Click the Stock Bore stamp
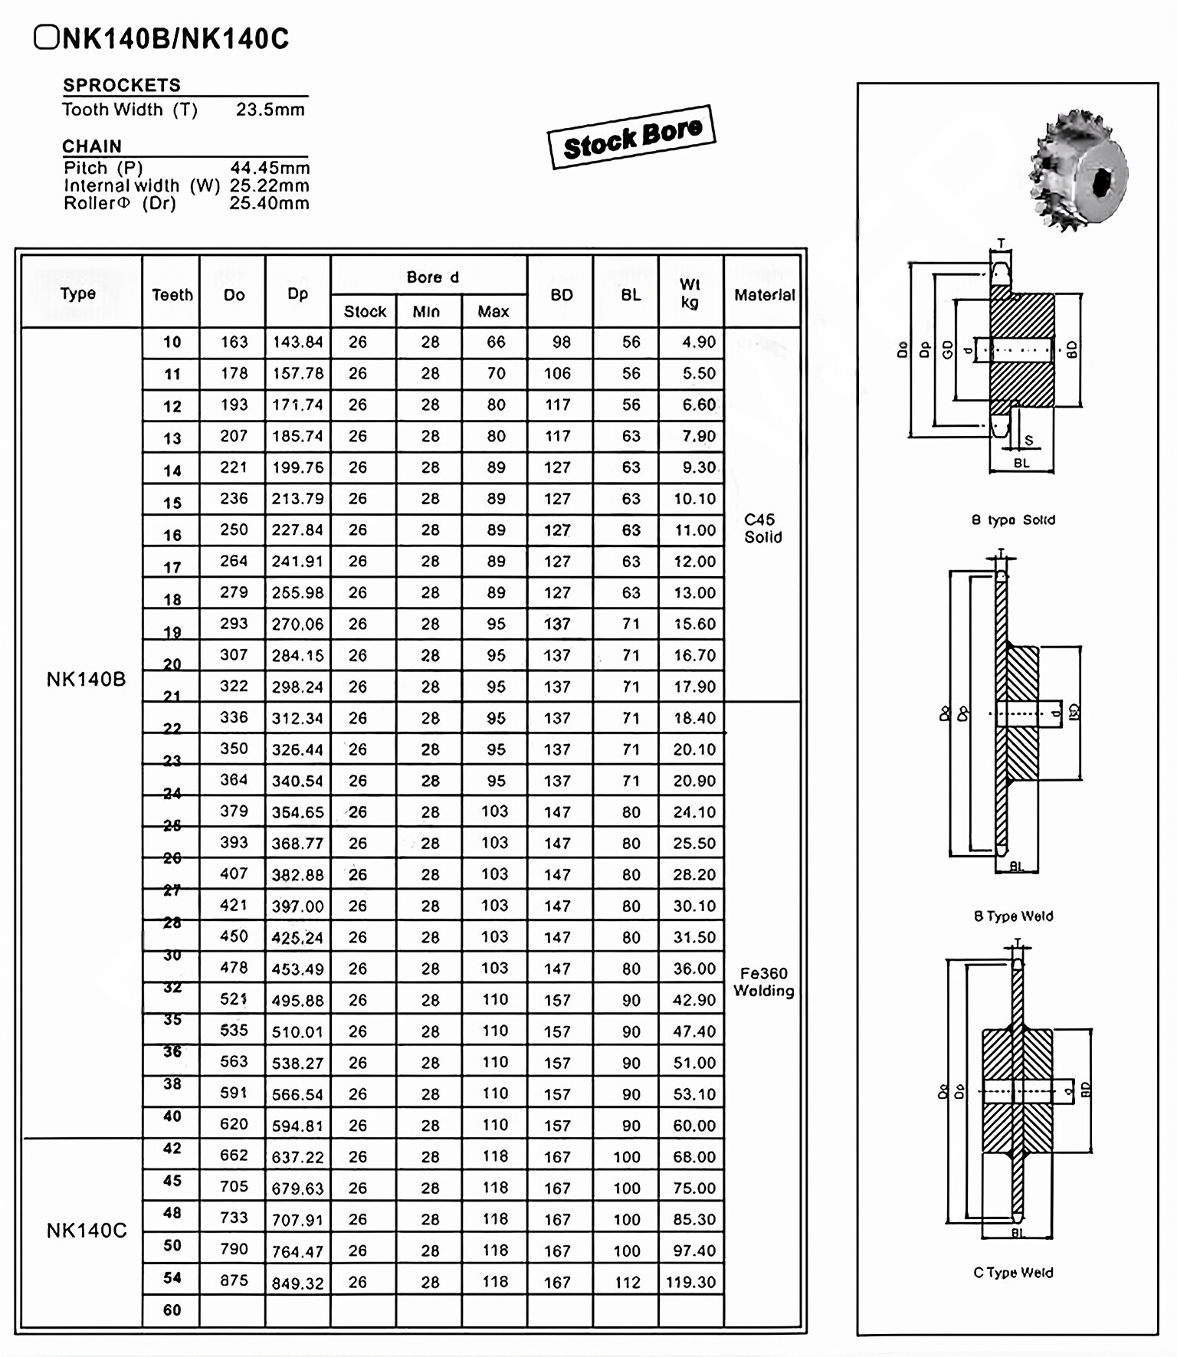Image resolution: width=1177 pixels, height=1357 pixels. click(x=631, y=136)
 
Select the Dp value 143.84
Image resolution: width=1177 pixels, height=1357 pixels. click(x=297, y=343)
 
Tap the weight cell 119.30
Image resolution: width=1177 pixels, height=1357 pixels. click(x=690, y=1282)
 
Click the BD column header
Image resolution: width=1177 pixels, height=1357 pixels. click(x=561, y=295)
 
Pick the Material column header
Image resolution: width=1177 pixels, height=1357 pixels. click(x=764, y=295)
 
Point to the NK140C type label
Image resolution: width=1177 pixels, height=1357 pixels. click(x=87, y=1231)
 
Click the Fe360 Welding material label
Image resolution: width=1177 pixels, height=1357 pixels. click(x=763, y=982)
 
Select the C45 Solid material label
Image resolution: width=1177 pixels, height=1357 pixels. click(x=762, y=528)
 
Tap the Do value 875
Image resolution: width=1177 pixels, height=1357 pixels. click(x=234, y=1280)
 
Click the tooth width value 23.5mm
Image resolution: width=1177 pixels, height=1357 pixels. click(x=270, y=110)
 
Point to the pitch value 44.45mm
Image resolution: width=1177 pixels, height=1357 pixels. click(x=270, y=168)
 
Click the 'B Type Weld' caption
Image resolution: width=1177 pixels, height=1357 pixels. click(x=1013, y=916)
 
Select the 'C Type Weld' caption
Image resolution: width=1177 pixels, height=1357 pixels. click(x=1013, y=1273)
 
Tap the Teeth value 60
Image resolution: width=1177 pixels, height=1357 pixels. click(x=172, y=1309)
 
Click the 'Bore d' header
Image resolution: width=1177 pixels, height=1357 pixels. click(x=432, y=277)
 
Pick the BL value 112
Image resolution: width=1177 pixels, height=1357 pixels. click(x=627, y=1282)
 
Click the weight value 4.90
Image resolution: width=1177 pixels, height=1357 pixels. click(x=698, y=343)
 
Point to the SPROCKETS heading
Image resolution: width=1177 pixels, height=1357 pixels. click(x=122, y=85)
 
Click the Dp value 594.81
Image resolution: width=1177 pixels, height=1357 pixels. click(x=297, y=1126)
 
